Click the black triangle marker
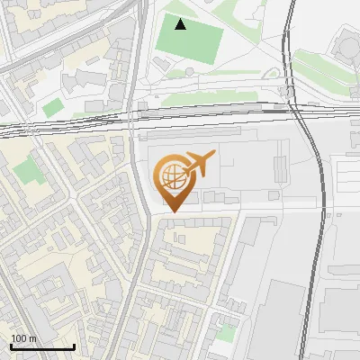181,24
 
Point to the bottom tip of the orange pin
171,212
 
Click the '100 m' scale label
23,338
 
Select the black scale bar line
41,346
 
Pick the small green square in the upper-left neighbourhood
53,107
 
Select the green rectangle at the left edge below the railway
30,170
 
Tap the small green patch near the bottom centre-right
227,333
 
